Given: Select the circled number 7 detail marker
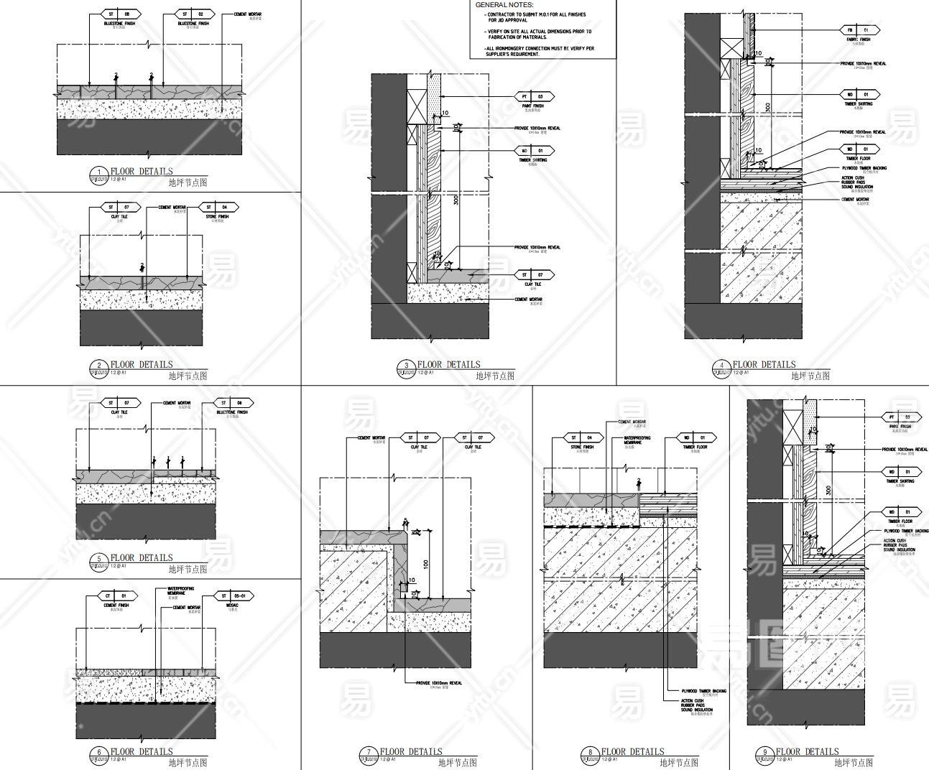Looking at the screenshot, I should [x=368, y=753].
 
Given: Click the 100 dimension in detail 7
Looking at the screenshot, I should [x=426, y=564].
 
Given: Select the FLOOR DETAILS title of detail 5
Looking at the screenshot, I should [x=142, y=557].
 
